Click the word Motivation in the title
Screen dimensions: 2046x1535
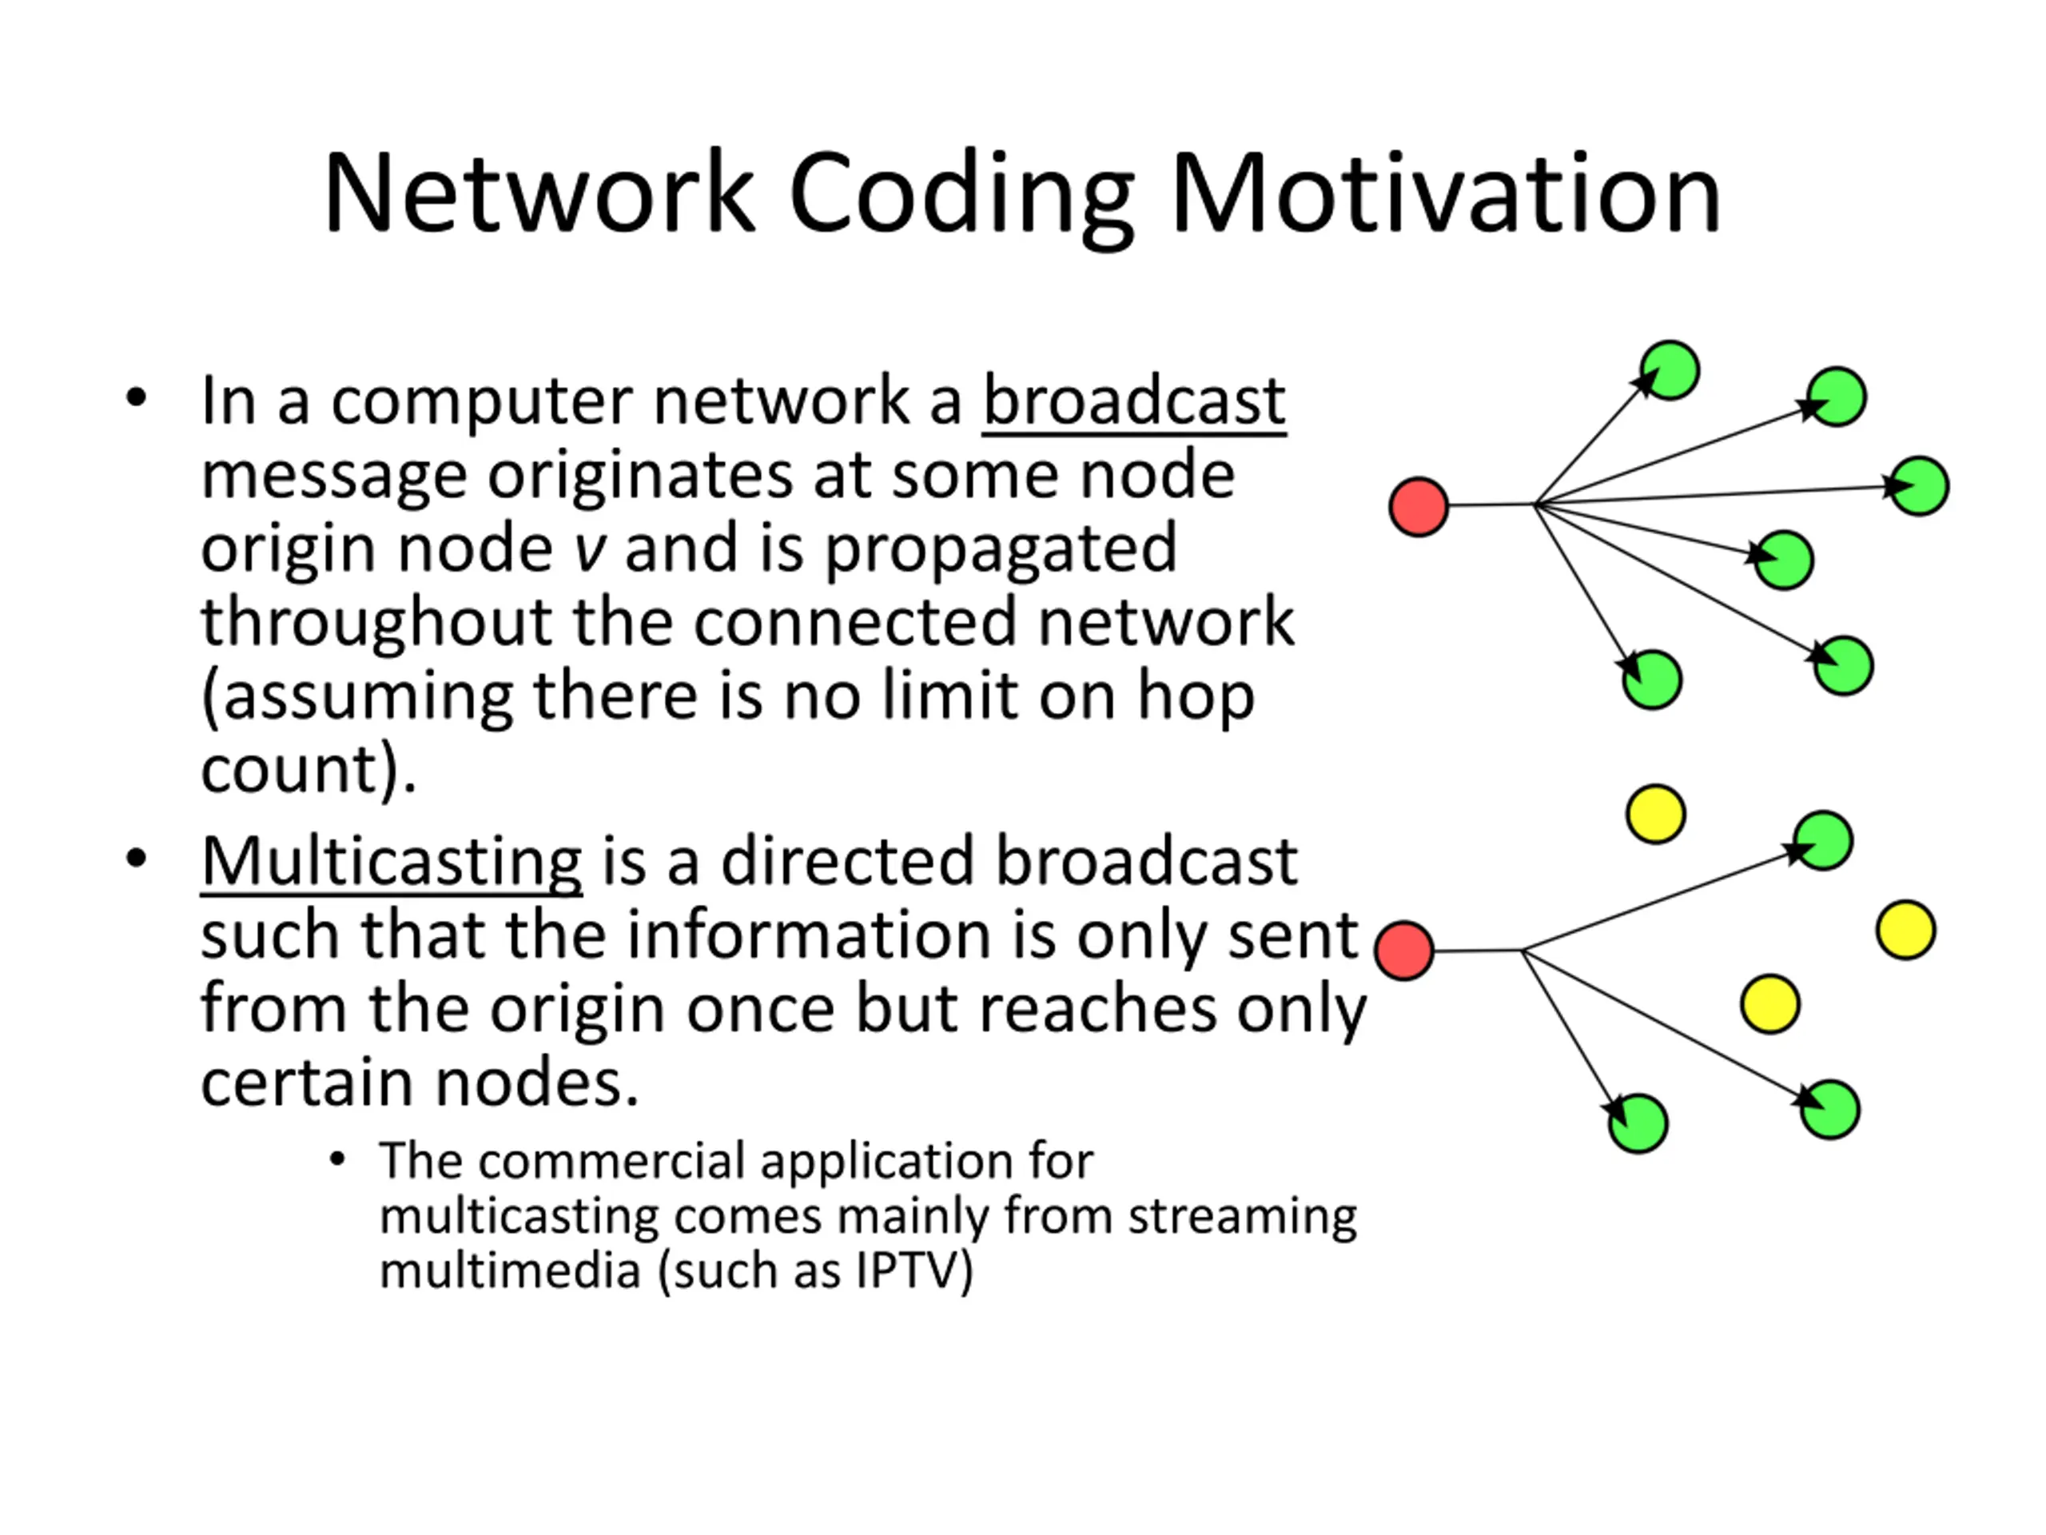click(x=1446, y=194)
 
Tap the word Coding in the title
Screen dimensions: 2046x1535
click(x=961, y=198)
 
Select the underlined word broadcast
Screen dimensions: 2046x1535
click(x=1134, y=402)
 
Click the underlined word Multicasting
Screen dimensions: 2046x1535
click(x=392, y=863)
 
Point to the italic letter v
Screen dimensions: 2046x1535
click(x=589, y=549)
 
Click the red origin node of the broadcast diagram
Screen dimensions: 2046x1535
click(x=1418, y=506)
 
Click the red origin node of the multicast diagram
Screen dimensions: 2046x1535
click(x=1404, y=951)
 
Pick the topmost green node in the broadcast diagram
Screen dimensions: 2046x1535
click(x=1670, y=370)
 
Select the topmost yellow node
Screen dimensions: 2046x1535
click(x=1656, y=814)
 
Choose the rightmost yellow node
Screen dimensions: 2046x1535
click(x=1905, y=930)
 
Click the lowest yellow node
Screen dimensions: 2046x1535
click(x=1769, y=1004)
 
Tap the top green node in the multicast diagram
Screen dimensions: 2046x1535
click(x=1823, y=841)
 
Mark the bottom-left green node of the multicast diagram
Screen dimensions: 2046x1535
click(x=1638, y=1123)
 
